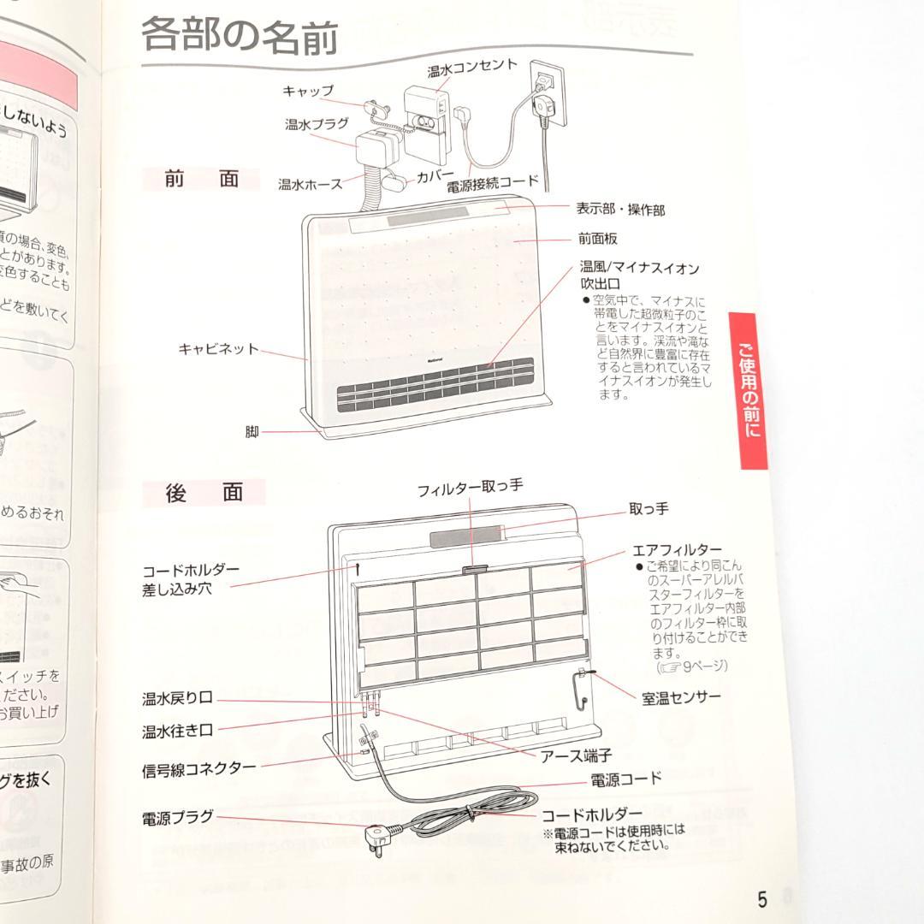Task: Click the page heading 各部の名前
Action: click(240, 37)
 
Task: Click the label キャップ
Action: click(308, 91)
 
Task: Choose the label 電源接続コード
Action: click(494, 181)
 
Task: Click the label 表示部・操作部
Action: click(619, 209)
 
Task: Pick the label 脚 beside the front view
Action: click(252, 432)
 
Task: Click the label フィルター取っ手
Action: click(470, 489)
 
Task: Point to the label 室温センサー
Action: click(681, 698)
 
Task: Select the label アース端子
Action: click(576, 755)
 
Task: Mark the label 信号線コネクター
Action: click(198, 767)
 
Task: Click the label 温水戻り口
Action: click(177, 699)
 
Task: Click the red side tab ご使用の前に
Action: click(749, 390)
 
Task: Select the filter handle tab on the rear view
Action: click(473, 567)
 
